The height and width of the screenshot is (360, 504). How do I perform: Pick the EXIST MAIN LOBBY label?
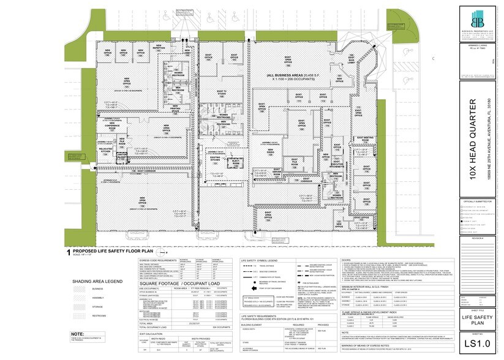pyautogui.click(x=356, y=61)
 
